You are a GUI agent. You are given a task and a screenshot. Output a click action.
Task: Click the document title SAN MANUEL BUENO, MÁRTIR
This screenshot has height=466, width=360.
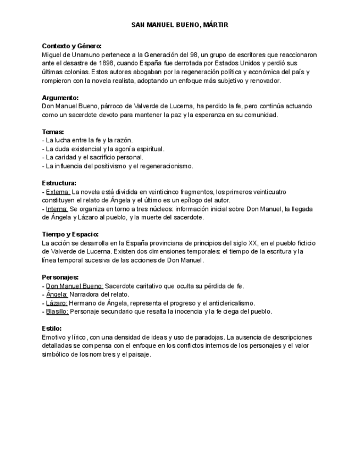(x=180, y=25)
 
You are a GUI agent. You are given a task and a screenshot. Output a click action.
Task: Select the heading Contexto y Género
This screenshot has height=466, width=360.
(x=71, y=46)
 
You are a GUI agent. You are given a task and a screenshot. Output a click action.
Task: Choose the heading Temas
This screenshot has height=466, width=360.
(x=53, y=131)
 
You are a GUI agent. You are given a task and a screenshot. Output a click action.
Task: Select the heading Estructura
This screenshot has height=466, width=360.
(x=59, y=182)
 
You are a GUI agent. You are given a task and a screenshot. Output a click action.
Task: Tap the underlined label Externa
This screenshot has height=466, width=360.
(x=58, y=191)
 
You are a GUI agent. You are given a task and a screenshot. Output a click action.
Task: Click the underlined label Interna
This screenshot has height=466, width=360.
(x=57, y=208)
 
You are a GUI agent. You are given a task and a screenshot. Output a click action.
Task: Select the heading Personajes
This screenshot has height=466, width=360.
(x=60, y=276)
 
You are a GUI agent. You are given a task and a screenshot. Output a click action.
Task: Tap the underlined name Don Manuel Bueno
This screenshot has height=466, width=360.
(x=74, y=286)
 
